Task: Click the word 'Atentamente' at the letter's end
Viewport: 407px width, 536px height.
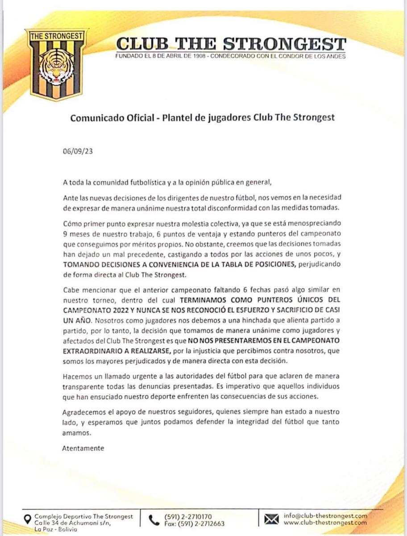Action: click(x=83, y=448)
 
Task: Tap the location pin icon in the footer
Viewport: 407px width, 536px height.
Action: click(x=28, y=519)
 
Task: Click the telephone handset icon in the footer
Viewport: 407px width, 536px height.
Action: click(x=154, y=520)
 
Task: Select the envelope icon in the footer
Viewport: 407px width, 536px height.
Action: click(x=271, y=519)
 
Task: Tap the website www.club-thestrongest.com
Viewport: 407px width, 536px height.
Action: click(x=325, y=523)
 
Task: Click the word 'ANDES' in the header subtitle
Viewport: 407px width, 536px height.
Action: click(x=335, y=57)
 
